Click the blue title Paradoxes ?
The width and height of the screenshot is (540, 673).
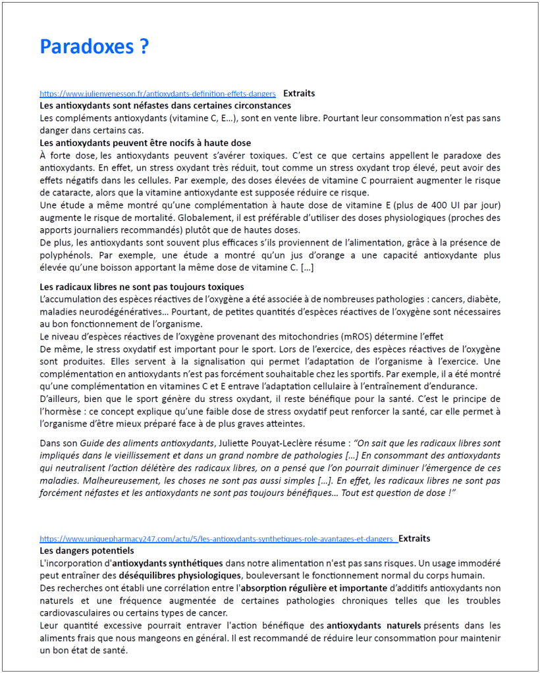pos(94,46)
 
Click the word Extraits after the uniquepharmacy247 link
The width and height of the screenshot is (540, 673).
pos(414,538)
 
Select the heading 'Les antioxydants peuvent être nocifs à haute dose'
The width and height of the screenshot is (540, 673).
pos(145,143)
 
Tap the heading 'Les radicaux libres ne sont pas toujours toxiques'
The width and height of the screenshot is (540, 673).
pos(142,287)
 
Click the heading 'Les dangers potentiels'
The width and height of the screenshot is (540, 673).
pos(87,550)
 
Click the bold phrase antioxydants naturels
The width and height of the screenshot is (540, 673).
pos(373,626)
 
